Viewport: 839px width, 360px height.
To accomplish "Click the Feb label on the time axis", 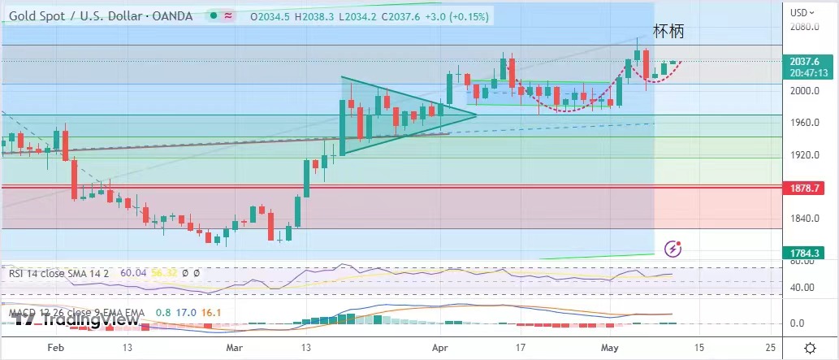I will coord(55,348).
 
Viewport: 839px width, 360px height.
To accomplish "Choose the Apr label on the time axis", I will coord(439,348).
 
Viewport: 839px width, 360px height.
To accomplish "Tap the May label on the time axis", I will coord(610,348).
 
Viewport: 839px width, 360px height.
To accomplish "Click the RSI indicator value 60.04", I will coord(132,274).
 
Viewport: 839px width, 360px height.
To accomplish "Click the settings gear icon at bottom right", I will coord(810,348).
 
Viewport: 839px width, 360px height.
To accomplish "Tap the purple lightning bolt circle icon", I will coord(672,248).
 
